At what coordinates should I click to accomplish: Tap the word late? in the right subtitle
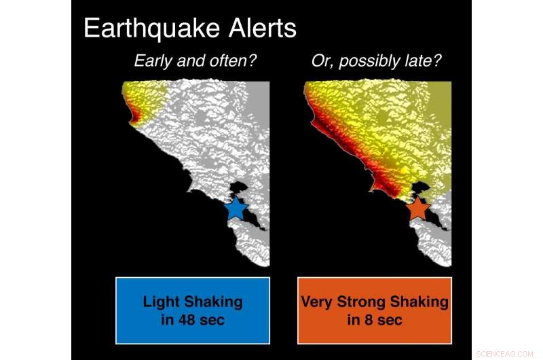coord(421,61)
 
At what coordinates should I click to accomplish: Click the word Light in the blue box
coord(160,302)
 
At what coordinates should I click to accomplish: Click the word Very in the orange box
coord(315,302)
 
